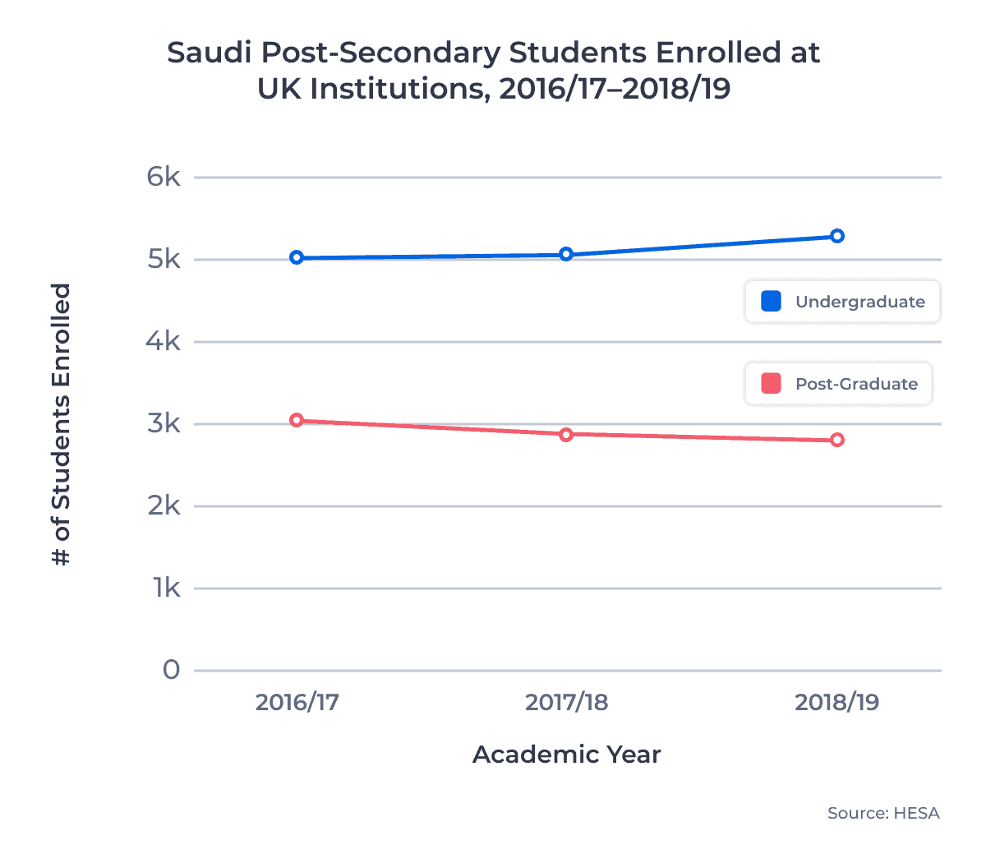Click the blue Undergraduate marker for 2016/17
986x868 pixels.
pyautogui.click(x=297, y=257)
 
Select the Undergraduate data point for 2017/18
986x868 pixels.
pyautogui.click(x=566, y=254)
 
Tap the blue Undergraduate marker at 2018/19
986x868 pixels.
pyautogui.click(x=836, y=236)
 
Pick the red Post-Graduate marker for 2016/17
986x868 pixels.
pyautogui.click(x=297, y=420)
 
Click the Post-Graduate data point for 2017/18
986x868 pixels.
pyautogui.click(x=566, y=434)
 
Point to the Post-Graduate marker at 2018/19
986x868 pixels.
pyautogui.click(x=836, y=440)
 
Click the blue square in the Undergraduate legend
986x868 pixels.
pyautogui.click(x=771, y=302)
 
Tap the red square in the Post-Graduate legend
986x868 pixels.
pyautogui.click(x=771, y=384)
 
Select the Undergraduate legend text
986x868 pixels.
pyautogui.click(x=859, y=302)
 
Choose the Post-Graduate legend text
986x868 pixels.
pyautogui.click(x=856, y=384)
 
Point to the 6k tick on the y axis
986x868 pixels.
pyautogui.click(x=164, y=177)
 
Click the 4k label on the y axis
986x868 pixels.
pyautogui.click(x=164, y=341)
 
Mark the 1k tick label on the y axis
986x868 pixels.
pyautogui.click(x=166, y=588)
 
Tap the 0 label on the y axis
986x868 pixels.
pyautogui.click(x=171, y=670)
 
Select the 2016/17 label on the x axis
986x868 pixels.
pyautogui.click(x=297, y=702)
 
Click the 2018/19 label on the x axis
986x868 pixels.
pyautogui.click(x=836, y=702)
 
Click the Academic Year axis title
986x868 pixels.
pyautogui.click(x=566, y=755)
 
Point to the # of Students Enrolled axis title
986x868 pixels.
pyautogui.click(x=62, y=424)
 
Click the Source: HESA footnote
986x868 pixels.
pyautogui.click(x=883, y=813)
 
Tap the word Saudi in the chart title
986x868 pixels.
pyautogui.click(x=209, y=53)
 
